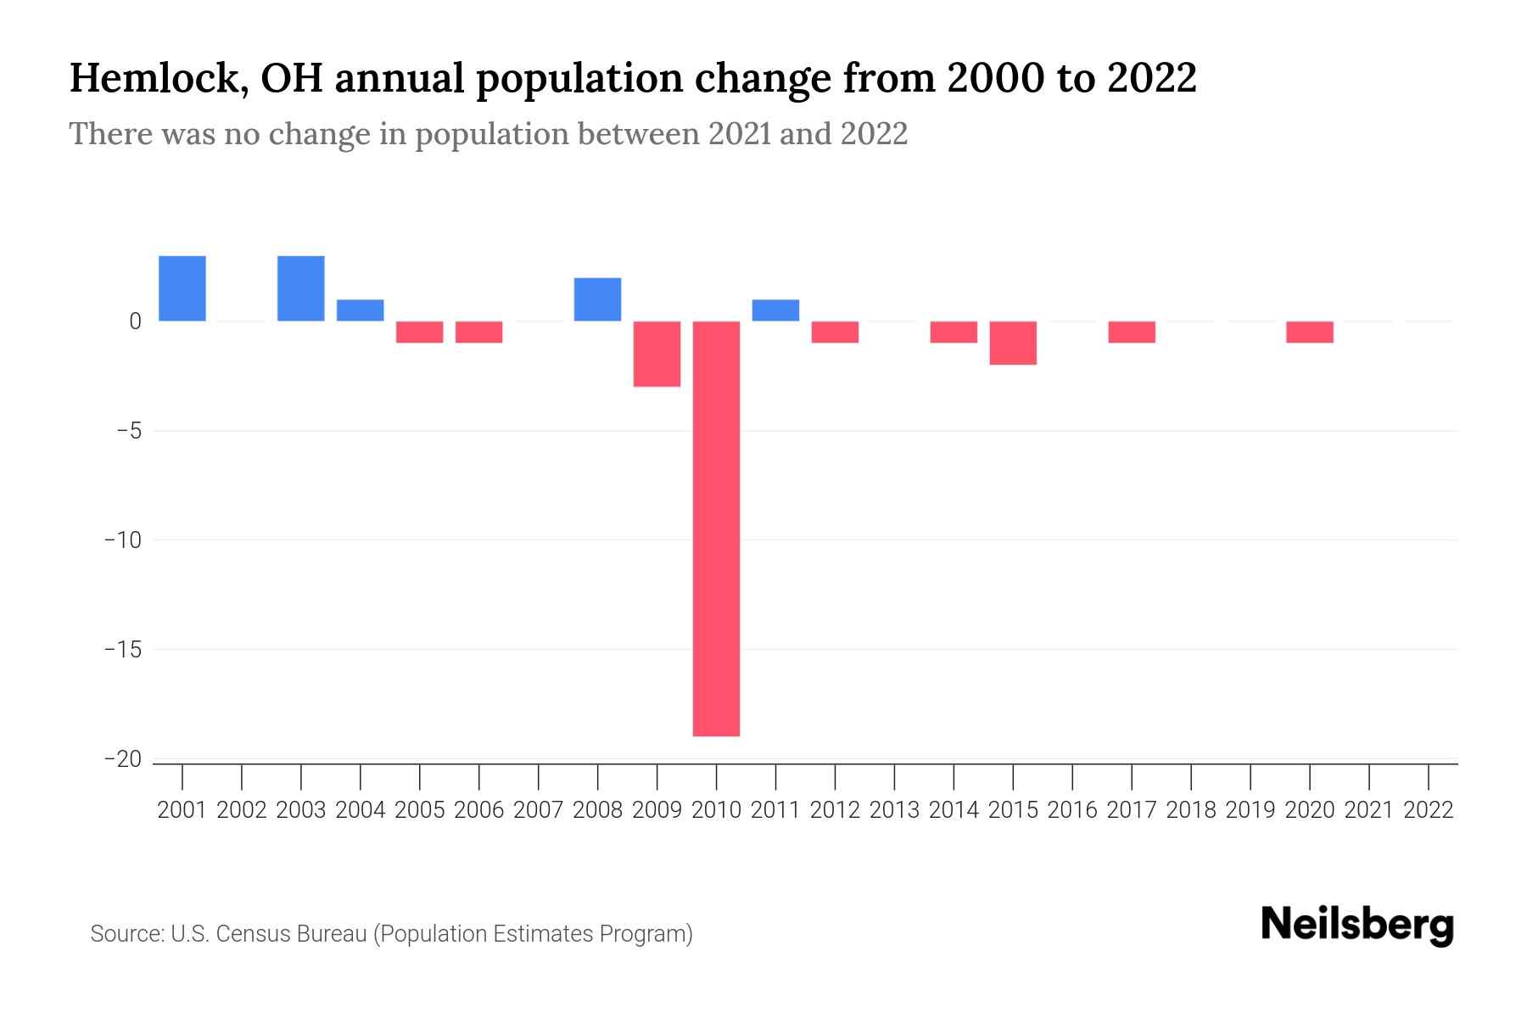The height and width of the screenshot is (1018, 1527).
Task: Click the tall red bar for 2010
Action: pyautogui.click(x=716, y=528)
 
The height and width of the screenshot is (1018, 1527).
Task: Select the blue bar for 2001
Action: pyautogui.click(x=182, y=288)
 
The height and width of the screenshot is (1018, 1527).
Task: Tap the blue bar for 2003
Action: pyautogui.click(x=301, y=288)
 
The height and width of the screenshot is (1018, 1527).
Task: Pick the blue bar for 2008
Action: pyautogui.click(x=597, y=299)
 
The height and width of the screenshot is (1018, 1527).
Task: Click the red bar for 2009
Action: pyautogui.click(x=657, y=354)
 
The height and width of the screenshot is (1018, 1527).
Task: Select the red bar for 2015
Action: pyautogui.click(x=1013, y=343)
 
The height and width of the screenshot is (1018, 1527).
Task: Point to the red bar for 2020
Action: pyautogui.click(x=1310, y=332)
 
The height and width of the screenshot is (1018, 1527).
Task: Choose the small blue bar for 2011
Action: pyautogui.click(x=775, y=310)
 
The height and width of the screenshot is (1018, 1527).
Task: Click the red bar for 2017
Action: pyautogui.click(x=1132, y=332)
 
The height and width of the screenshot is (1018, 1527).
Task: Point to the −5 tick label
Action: pyautogui.click(x=123, y=431)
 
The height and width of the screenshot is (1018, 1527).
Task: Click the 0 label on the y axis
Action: pyautogui.click(x=135, y=322)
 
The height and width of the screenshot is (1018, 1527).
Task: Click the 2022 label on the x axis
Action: pyautogui.click(x=1429, y=810)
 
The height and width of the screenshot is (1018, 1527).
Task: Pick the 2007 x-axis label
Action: pyautogui.click(x=538, y=810)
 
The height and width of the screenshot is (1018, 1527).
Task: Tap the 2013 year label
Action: pyautogui.click(x=894, y=810)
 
